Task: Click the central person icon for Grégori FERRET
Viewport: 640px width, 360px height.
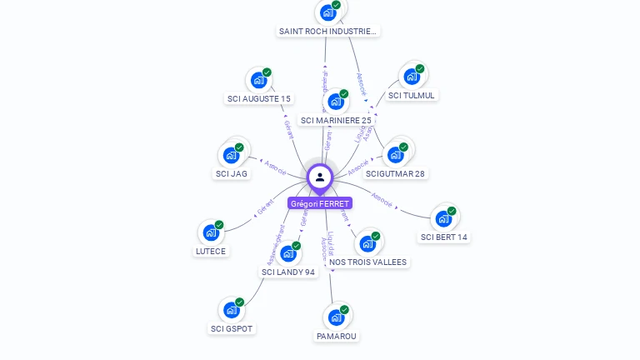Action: (x=320, y=177)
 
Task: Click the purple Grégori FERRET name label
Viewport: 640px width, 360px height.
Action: (x=320, y=203)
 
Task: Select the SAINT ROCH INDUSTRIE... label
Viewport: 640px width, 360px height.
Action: (x=327, y=32)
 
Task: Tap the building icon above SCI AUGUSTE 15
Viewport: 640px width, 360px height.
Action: (x=258, y=81)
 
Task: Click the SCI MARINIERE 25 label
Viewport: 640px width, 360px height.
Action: (x=336, y=121)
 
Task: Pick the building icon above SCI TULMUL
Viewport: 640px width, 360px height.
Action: (x=411, y=77)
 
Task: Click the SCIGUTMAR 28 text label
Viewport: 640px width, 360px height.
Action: (x=395, y=174)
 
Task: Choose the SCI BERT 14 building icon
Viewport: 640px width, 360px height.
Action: (x=442, y=219)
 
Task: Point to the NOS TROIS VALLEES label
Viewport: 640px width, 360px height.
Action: (x=368, y=262)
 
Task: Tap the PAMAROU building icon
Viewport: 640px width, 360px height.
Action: (x=336, y=317)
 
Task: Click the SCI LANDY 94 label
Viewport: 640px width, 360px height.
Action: (x=288, y=272)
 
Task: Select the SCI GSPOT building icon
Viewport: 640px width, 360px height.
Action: (x=231, y=310)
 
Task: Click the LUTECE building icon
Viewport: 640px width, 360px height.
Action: (x=210, y=233)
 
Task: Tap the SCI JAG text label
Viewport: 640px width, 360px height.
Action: (x=231, y=174)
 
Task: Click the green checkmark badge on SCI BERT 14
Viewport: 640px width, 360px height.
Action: (x=452, y=211)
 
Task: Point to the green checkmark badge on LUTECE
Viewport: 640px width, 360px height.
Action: (x=219, y=225)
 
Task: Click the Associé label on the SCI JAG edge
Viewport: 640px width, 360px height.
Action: (x=275, y=166)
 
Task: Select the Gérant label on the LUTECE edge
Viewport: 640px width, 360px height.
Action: (x=266, y=208)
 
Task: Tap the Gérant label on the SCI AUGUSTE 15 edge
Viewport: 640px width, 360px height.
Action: (x=288, y=129)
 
